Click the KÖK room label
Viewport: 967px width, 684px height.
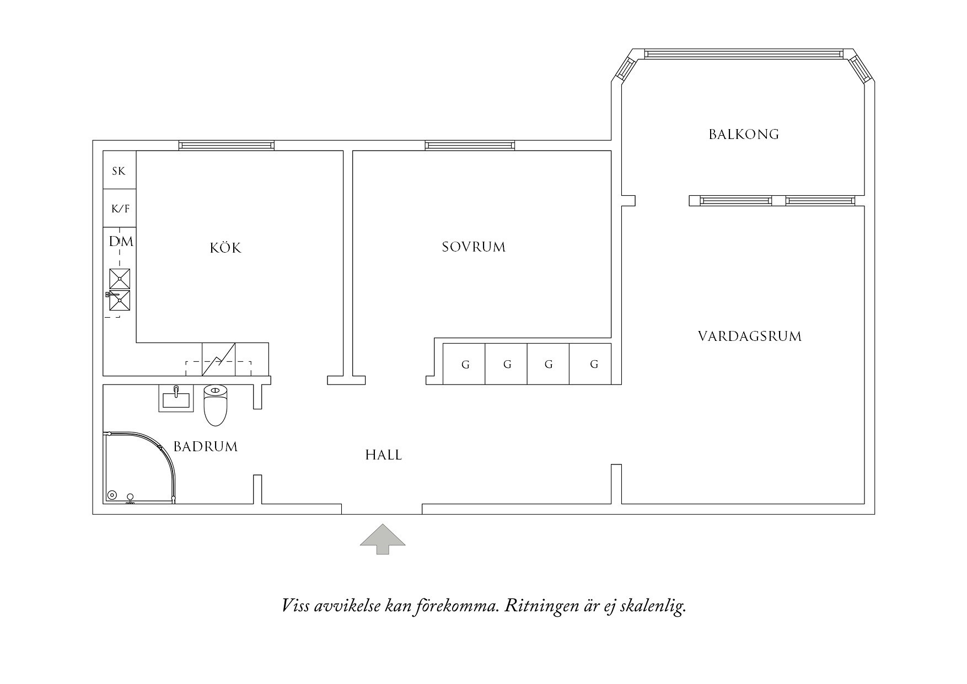pos(225,248)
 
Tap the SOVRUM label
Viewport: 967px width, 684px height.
pos(474,247)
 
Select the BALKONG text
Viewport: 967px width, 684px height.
pos(744,134)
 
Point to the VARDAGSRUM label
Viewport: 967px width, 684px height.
pos(750,336)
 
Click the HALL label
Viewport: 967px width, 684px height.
pos(384,455)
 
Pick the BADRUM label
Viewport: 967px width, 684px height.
pos(206,446)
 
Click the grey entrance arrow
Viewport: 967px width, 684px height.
pos(383,539)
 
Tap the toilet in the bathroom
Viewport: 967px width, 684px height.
pos(215,406)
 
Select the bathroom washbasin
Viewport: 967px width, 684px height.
pos(176,398)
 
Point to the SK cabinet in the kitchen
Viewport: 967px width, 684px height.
pos(119,171)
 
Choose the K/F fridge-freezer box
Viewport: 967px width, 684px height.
pos(120,209)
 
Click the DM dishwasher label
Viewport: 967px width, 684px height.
pos(121,242)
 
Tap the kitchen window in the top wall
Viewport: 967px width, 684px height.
pos(226,146)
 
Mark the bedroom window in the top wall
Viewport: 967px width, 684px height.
pos(470,146)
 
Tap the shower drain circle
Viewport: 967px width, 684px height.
pos(112,495)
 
